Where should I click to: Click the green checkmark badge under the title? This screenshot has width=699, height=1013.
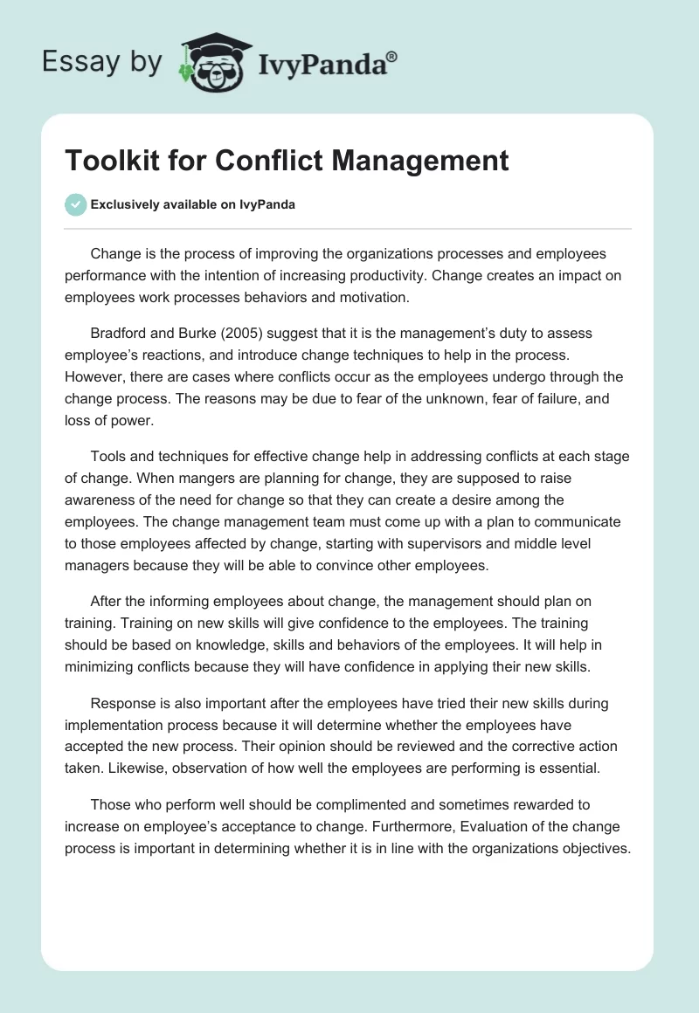pos(75,204)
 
